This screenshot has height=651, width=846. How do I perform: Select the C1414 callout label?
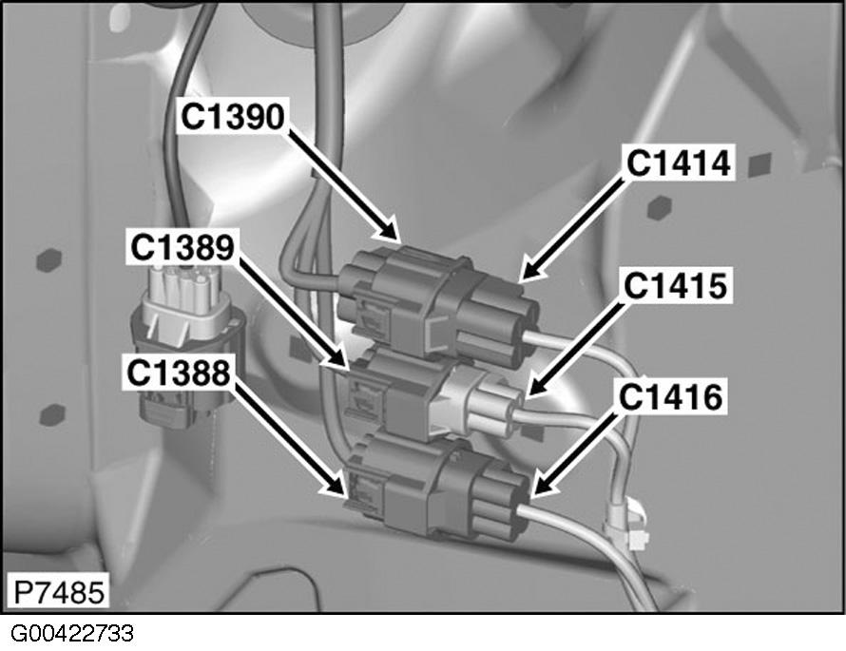pyautogui.click(x=678, y=163)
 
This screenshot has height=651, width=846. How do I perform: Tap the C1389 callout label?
pyautogui.click(x=182, y=247)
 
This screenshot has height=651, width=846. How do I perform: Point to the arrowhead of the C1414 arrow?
pyautogui.click(x=524, y=277)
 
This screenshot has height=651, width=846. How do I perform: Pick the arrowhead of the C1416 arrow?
pyautogui.click(x=534, y=494)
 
